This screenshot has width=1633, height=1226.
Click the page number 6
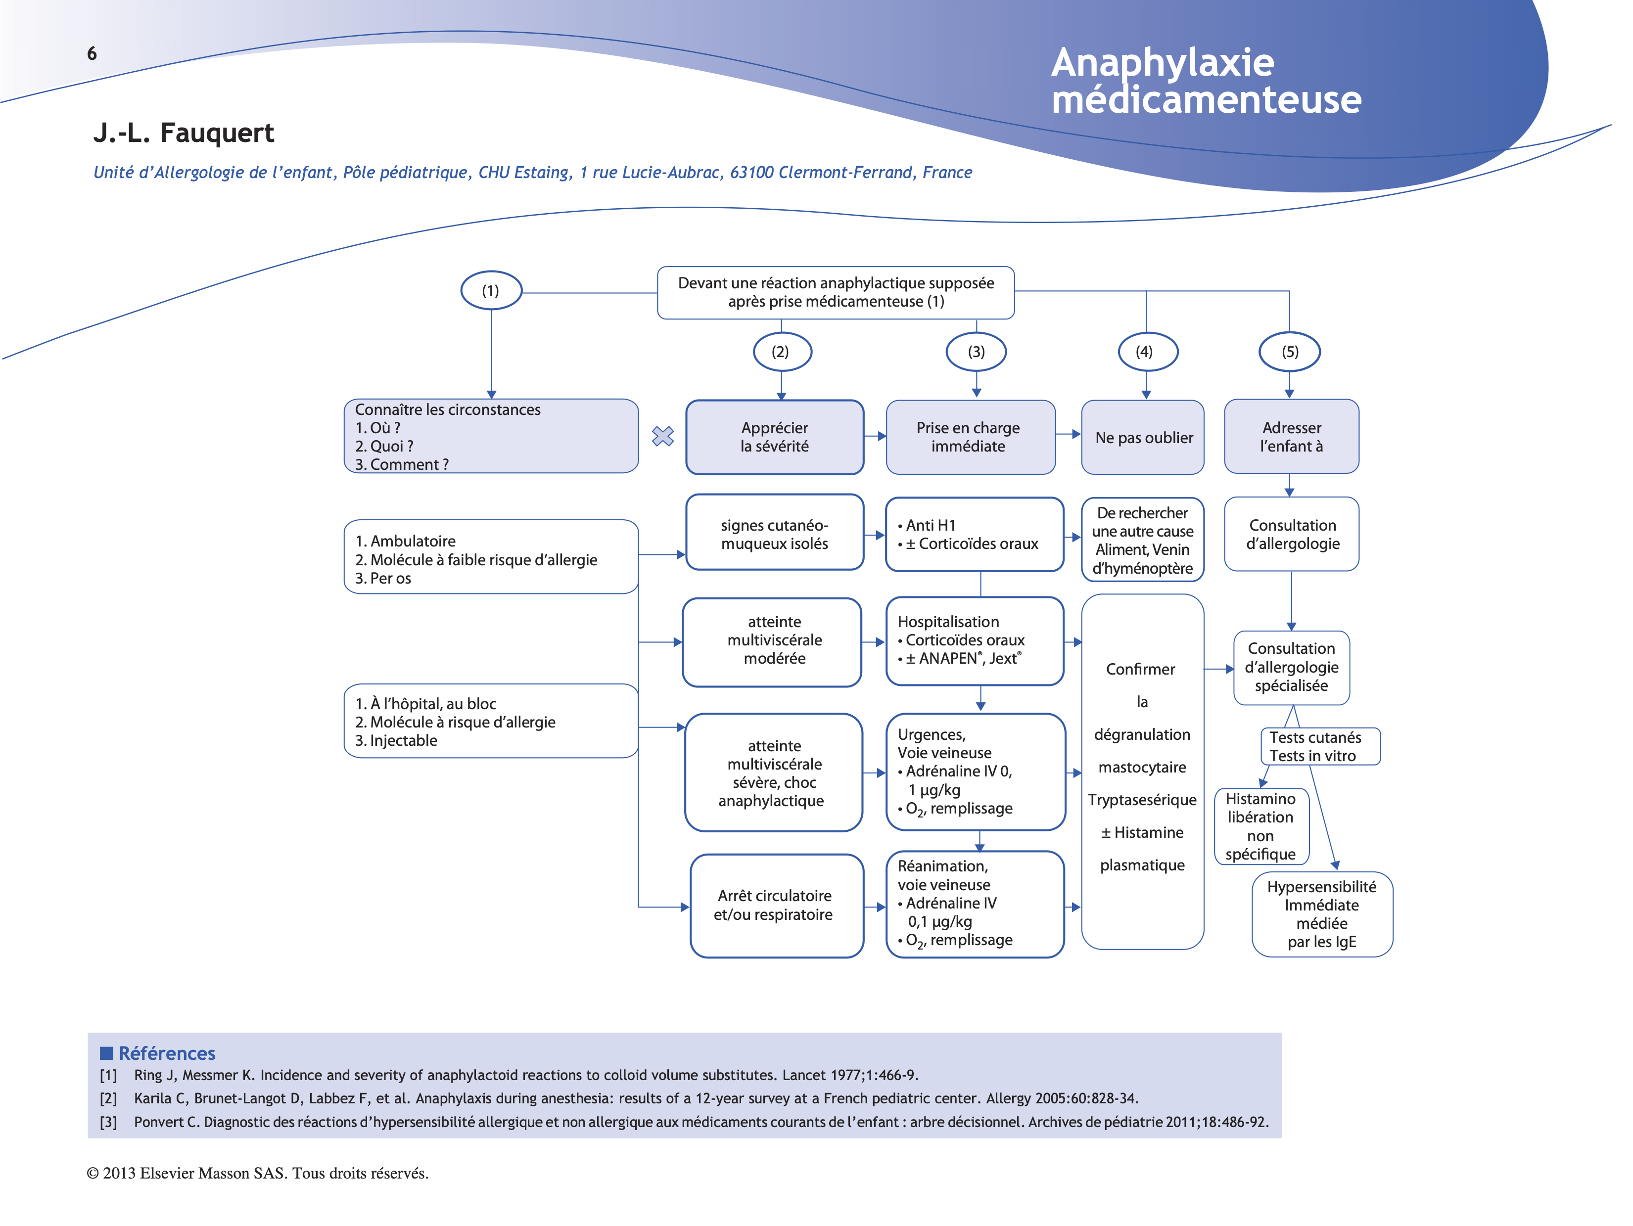click(x=92, y=53)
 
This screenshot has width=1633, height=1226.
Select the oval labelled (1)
click(x=491, y=290)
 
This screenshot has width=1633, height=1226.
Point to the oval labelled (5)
click(x=1289, y=351)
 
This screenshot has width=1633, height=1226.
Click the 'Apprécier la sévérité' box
click(x=774, y=437)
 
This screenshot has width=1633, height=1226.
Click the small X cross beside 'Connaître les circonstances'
click(x=663, y=436)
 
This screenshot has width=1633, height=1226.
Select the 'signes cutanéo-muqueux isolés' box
click(x=774, y=534)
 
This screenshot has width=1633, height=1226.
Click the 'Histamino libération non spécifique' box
click(x=1261, y=826)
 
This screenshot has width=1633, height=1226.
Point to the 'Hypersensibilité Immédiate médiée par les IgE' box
click(x=1321, y=914)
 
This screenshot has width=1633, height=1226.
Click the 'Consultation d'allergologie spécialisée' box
click(x=1291, y=667)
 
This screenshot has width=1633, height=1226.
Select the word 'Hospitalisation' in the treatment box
click(x=948, y=622)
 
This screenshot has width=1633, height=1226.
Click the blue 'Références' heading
click(x=166, y=1053)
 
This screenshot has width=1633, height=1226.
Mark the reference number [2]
click(x=108, y=1098)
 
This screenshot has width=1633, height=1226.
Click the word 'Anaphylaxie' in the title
click(x=1162, y=63)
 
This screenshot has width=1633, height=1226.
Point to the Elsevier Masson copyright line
click(x=258, y=1173)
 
